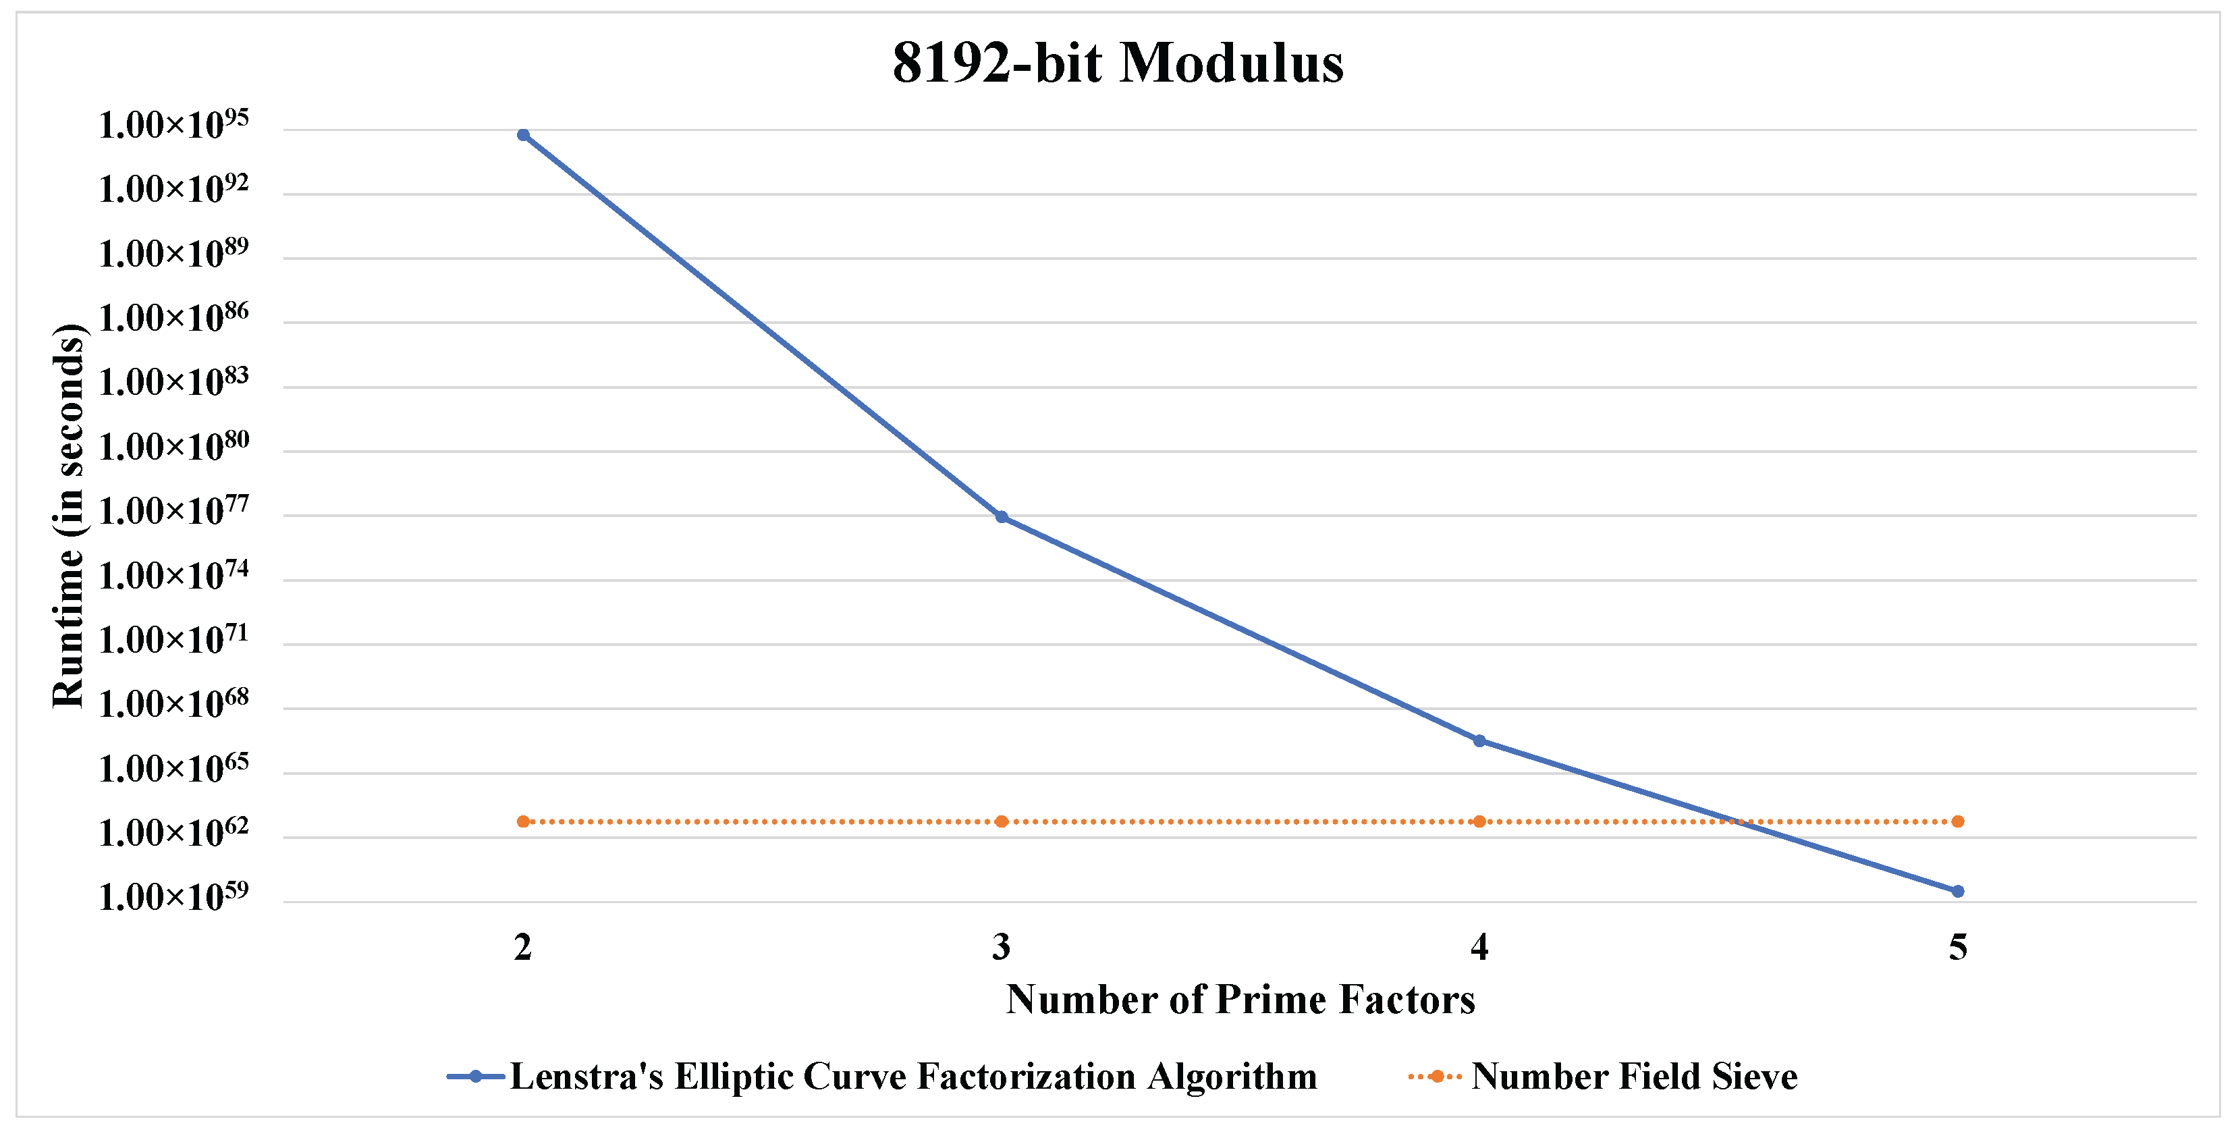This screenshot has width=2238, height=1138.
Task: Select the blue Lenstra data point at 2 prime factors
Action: click(x=523, y=134)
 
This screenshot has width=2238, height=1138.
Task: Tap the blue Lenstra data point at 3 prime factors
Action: click(x=1002, y=517)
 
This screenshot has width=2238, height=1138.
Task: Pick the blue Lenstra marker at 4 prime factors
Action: click(x=1479, y=741)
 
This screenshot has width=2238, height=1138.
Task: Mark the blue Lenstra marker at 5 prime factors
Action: click(x=1957, y=891)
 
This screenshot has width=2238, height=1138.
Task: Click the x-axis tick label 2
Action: click(x=523, y=947)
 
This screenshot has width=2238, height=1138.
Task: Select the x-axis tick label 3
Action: click(x=1002, y=947)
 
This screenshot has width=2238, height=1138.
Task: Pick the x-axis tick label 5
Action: click(x=1957, y=947)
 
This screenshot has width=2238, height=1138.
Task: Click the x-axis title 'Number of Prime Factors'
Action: click(x=1240, y=999)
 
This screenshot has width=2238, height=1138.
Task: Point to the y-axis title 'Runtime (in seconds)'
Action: click(x=67, y=516)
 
